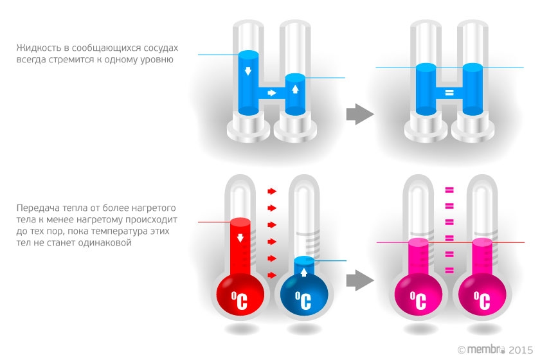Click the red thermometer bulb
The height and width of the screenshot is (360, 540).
(x=239, y=296)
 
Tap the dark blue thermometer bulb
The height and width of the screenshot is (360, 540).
(x=301, y=296)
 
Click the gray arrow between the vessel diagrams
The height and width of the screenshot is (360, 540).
(x=360, y=114)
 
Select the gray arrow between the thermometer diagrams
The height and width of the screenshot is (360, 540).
(x=360, y=280)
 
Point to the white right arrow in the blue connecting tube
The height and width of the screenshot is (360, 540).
(x=272, y=93)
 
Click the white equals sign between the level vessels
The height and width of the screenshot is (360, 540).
(x=449, y=93)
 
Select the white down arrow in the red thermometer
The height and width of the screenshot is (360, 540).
(x=240, y=238)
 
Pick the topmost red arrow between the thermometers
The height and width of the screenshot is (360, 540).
(x=272, y=191)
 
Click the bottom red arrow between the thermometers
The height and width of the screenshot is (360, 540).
(x=272, y=275)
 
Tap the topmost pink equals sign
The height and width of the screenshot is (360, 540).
(x=449, y=190)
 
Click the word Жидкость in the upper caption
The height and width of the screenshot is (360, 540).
(x=36, y=48)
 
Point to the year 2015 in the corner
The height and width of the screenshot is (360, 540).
(x=521, y=350)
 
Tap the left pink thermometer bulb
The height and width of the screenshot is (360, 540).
(x=418, y=296)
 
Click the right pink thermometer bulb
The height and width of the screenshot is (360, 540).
(x=482, y=296)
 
